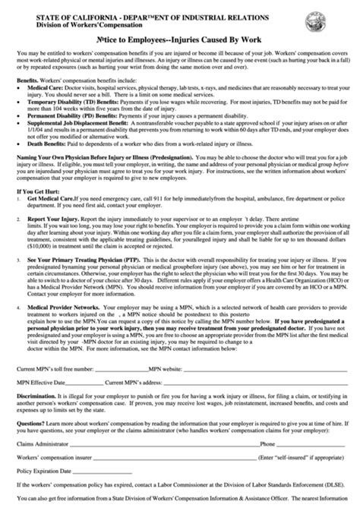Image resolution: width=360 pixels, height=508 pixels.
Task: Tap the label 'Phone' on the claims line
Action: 268,440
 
